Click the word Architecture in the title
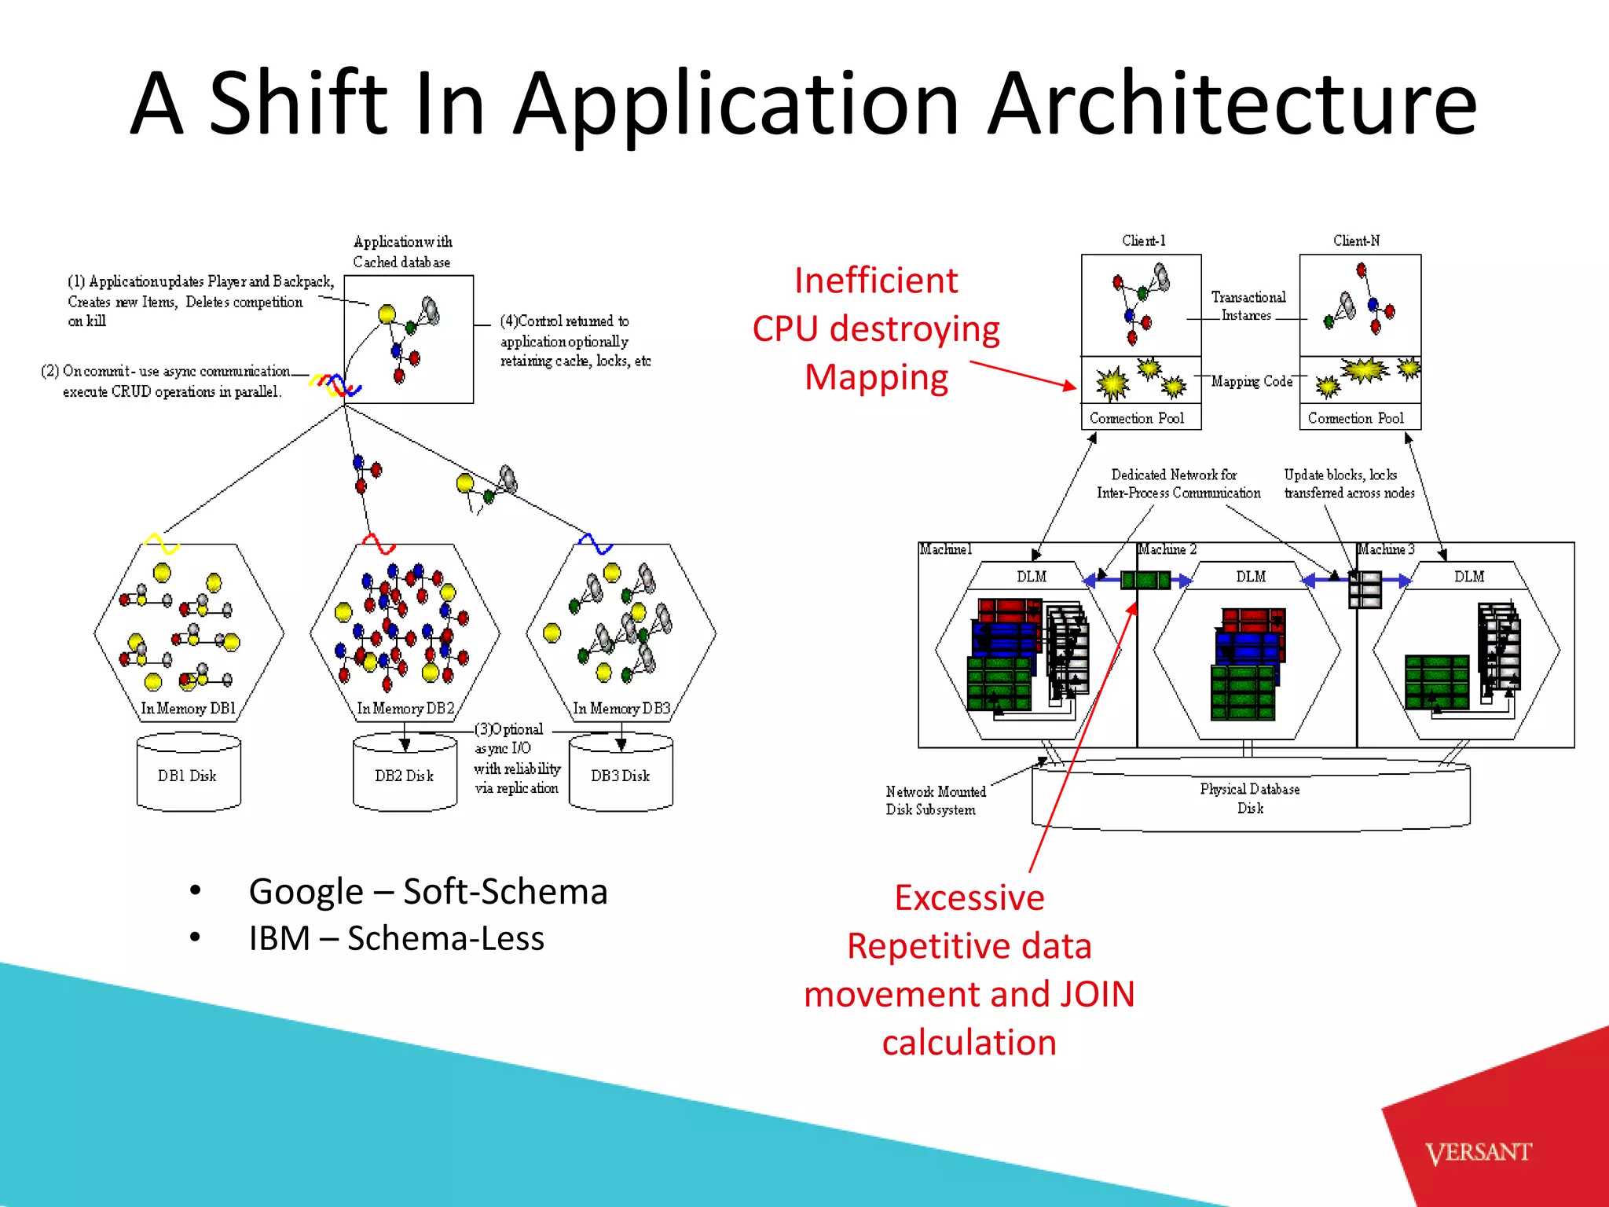1231,105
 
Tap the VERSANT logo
1478,1152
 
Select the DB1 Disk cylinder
188,775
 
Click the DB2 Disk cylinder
405,775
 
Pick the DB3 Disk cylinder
621,775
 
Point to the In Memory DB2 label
405,708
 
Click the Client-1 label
1143,240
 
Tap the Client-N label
1356,240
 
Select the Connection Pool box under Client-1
1140,418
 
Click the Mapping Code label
1252,381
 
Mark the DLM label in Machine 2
1251,576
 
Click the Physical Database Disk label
1249,798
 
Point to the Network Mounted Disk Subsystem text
934,800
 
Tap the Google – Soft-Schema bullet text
428,891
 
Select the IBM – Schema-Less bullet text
397,938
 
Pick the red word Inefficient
876,281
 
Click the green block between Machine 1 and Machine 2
1145,581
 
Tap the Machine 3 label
1387,549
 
